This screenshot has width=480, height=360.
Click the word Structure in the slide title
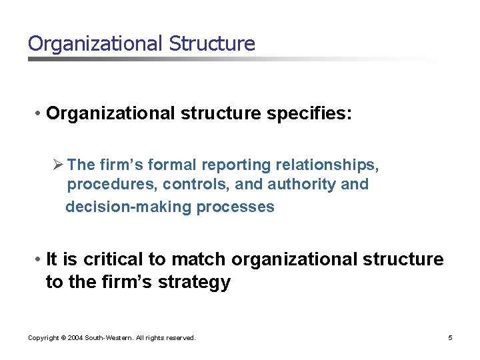click(212, 44)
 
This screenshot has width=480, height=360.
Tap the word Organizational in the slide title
click(95, 44)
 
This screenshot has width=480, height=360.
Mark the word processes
click(235, 207)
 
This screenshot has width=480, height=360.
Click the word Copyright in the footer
click(43, 338)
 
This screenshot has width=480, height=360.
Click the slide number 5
click(450, 338)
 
